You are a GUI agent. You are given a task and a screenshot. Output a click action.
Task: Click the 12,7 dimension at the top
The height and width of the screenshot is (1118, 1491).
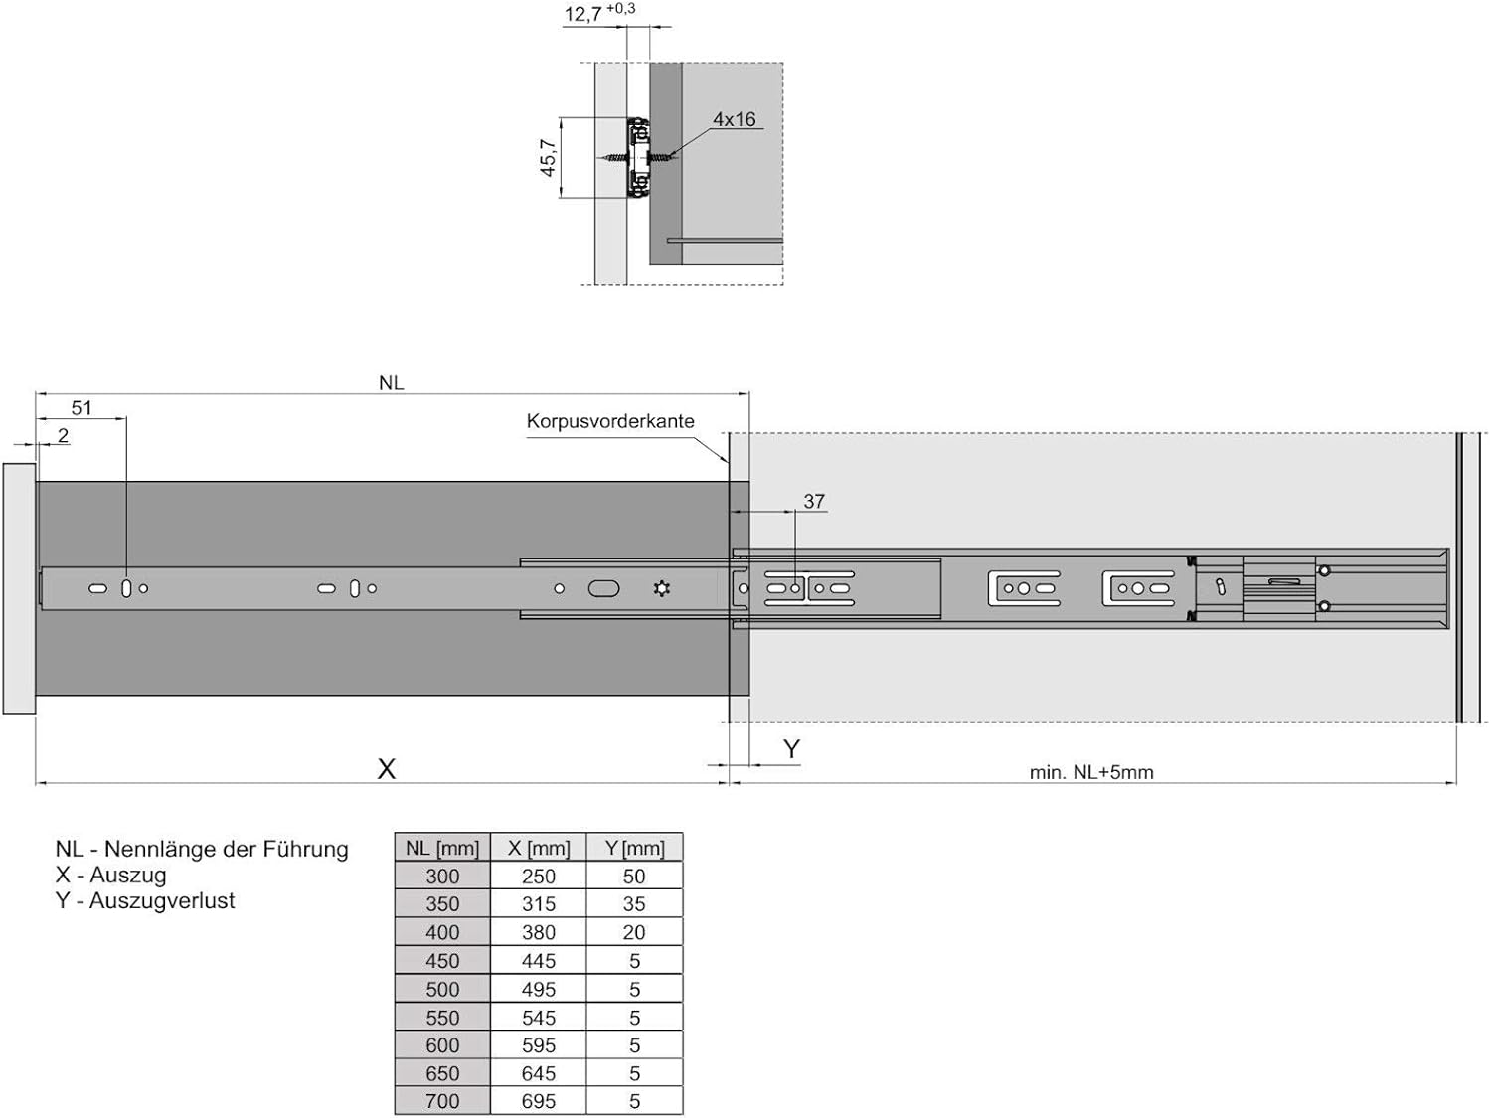click(x=582, y=14)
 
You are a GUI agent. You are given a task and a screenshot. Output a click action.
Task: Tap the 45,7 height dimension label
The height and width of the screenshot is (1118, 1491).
click(x=548, y=157)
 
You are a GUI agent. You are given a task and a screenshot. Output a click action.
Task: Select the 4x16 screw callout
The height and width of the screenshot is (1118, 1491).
click(x=734, y=119)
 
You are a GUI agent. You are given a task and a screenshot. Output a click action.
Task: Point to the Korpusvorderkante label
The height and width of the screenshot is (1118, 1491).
click(x=610, y=421)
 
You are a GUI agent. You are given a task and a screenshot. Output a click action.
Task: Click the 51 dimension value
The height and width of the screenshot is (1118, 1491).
click(x=82, y=408)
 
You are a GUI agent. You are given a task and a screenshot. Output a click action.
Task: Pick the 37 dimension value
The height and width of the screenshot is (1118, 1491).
click(x=814, y=501)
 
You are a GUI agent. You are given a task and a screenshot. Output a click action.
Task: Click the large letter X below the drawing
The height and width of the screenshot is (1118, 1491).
click(x=387, y=770)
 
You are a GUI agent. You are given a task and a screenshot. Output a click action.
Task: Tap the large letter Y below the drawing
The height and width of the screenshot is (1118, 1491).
click(x=791, y=748)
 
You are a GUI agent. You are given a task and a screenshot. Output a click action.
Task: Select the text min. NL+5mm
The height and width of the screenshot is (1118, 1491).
click(x=1090, y=772)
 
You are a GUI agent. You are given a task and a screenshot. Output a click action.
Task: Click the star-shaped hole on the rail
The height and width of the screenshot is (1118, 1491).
click(x=662, y=588)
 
